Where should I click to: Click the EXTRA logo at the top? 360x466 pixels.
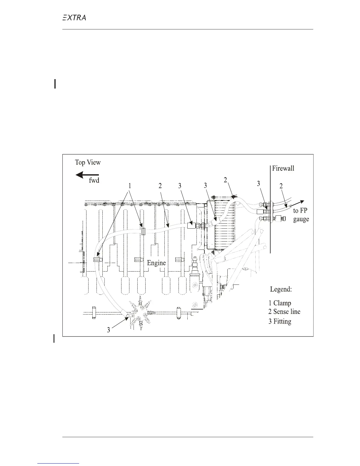pos(74,18)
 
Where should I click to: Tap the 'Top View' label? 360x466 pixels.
pos(88,162)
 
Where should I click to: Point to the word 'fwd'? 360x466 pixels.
pos(94,181)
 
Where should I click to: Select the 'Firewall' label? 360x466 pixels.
pos(283,168)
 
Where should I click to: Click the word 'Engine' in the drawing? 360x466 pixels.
pos(156,263)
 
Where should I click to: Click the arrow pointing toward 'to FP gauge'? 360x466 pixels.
pos(297,204)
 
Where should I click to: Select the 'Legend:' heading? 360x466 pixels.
pos(281,289)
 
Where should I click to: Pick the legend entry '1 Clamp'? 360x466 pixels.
pos(280,303)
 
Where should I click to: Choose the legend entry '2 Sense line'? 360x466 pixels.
pos(284,312)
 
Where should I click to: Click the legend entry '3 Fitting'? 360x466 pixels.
pos(280,321)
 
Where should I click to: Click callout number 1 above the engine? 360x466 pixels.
pos(129,186)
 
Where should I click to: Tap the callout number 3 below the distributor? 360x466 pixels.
pos(109,330)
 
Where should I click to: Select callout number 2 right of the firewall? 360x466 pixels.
pos(281,186)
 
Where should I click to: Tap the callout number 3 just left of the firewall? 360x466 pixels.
pos(259,184)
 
